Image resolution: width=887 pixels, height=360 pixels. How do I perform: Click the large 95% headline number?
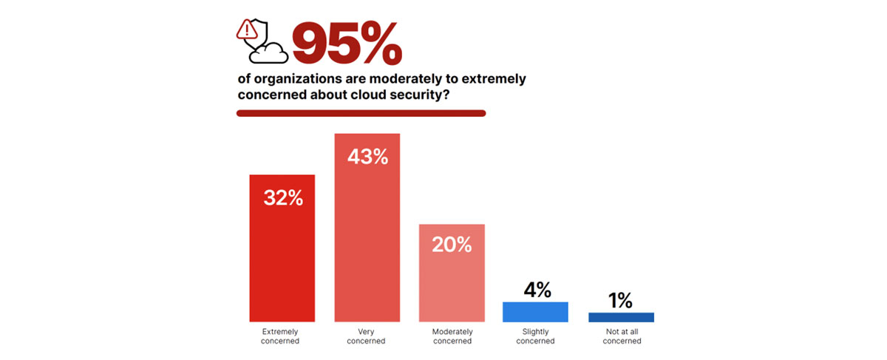click(x=347, y=42)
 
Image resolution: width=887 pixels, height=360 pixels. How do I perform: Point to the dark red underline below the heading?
click(x=361, y=113)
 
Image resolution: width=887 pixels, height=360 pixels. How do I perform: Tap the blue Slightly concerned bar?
click(x=535, y=312)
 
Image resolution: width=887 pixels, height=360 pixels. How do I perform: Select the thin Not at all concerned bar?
click(x=621, y=317)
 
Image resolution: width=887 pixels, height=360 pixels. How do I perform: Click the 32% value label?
click(x=283, y=198)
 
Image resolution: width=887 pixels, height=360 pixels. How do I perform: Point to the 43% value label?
click(x=368, y=157)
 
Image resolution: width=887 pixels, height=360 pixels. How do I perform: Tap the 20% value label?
click(x=452, y=245)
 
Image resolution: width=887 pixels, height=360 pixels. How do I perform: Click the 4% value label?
click(x=535, y=290)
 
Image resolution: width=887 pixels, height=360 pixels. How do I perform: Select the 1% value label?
click(x=621, y=300)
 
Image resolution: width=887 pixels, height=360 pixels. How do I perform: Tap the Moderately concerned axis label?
click(x=452, y=336)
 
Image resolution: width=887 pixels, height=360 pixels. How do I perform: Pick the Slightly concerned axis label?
click(x=535, y=336)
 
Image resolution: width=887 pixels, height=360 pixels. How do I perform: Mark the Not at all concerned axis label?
click(x=621, y=336)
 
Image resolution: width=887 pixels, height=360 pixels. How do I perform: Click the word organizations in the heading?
click(x=291, y=79)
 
